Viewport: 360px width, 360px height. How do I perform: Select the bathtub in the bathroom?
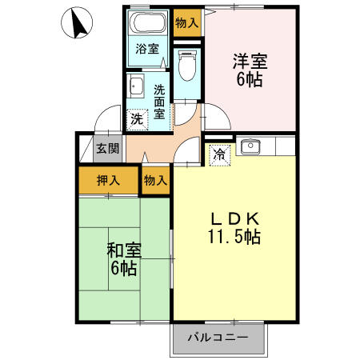pyautogui.click(x=147, y=22)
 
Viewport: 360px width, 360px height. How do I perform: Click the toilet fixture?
pyautogui.click(x=186, y=66)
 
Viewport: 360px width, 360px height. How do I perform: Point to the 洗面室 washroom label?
pyautogui.click(x=160, y=101)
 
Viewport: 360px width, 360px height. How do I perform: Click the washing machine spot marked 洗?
pyautogui.click(x=136, y=118)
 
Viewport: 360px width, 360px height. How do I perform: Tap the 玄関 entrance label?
pyautogui.click(x=108, y=148)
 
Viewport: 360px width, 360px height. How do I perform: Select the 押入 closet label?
pyautogui.click(x=108, y=180)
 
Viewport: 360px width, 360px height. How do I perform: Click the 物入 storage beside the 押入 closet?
pyautogui.click(x=155, y=180)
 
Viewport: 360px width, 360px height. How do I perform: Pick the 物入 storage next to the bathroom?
pyautogui.click(x=186, y=23)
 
